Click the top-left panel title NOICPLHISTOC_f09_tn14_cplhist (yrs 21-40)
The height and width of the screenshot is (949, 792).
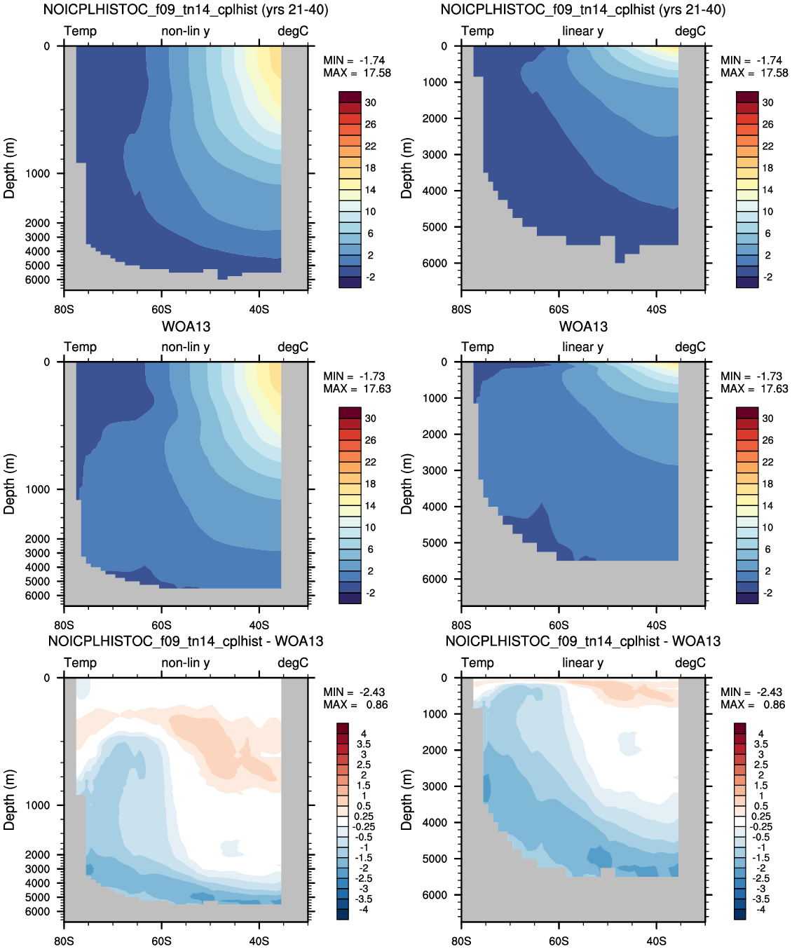186,10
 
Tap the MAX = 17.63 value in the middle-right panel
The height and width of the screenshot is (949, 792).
754,388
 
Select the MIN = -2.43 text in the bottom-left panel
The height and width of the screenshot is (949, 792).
354,692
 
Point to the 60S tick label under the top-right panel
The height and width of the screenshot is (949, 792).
559,310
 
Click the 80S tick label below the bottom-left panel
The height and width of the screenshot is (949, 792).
64,941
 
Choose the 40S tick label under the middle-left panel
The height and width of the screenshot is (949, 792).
259,625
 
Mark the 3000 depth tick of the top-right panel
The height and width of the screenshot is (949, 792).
435,154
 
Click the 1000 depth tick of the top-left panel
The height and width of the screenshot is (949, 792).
37,174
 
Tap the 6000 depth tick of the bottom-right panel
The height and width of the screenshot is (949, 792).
435,894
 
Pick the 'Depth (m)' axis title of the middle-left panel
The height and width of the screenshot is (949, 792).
9,484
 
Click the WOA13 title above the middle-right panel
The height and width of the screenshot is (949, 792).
583,327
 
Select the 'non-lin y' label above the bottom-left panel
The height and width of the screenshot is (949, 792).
186,663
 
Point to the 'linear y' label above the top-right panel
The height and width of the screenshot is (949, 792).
583,31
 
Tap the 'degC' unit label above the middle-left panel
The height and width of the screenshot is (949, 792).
293,347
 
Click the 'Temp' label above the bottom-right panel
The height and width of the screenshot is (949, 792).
477,662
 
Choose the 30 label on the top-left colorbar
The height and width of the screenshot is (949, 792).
371,103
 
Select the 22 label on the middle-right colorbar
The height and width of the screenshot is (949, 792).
768,462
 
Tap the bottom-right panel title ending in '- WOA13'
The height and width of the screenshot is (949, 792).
583,641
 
